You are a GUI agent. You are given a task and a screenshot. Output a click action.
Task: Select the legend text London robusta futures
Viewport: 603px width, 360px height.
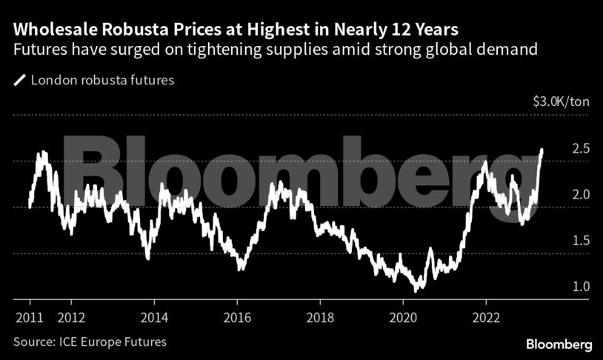[x=102, y=79]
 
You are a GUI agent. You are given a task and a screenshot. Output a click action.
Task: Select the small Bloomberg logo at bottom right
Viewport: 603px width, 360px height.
[x=559, y=344]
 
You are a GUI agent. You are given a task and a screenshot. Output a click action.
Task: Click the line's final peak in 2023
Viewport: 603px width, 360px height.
[x=542, y=150]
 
